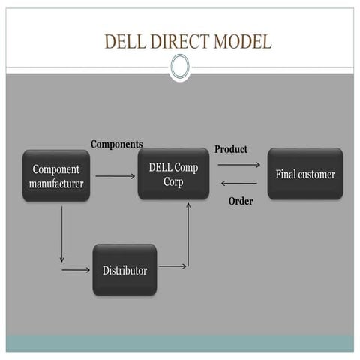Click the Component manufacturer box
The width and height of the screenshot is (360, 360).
click(x=56, y=175)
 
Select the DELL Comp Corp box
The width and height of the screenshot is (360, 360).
click(x=173, y=174)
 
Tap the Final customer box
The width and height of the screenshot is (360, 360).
click(x=305, y=175)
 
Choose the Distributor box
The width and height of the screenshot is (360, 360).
click(x=124, y=269)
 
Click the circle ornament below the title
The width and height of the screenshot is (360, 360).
click(x=180, y=67)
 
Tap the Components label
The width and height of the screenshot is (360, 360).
click(x=116, y=144)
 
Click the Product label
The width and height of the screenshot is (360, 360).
click(x=230, y=149)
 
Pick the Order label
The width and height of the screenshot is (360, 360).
click(x=240, y=201)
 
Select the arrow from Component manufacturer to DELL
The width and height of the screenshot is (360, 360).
click(x=115, y=176)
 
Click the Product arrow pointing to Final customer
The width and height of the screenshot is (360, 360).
click(x=238, y=164)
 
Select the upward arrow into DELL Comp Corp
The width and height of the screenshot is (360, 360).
click(x=187, y=232)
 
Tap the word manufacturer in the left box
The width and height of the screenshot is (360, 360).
click(x=56, y=183)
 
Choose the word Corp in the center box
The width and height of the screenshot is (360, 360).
click(x=173, y=181)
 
